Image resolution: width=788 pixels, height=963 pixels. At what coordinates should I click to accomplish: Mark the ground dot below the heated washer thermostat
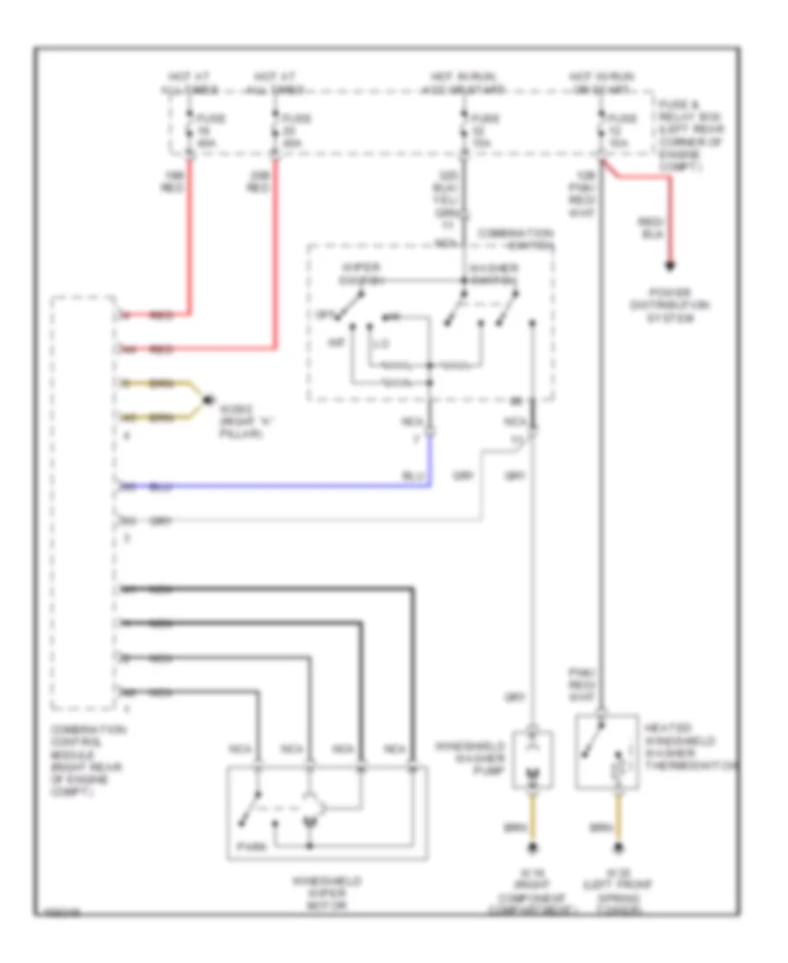pos(621,847)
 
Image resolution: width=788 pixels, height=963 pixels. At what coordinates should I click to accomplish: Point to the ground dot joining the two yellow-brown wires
pos(207,401)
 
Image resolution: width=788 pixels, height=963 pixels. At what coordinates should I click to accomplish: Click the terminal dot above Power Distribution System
pos(672,265)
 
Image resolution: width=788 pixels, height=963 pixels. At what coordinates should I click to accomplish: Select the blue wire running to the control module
pos(280,486)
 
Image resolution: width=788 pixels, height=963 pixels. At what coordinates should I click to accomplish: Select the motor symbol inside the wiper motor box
pos(309,806)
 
